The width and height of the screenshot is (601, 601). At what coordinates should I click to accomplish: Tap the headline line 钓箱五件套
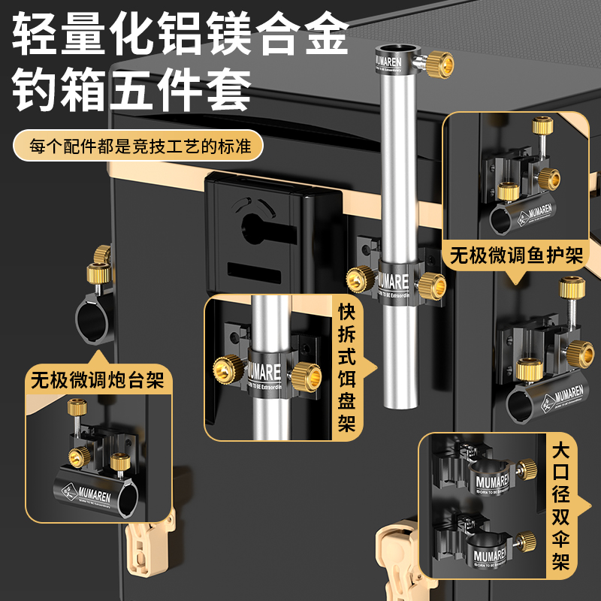click(132, 93)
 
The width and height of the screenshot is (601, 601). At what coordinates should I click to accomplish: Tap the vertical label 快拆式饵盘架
click(346, 368)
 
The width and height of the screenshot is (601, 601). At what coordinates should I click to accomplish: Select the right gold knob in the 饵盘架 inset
click(307, 372)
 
